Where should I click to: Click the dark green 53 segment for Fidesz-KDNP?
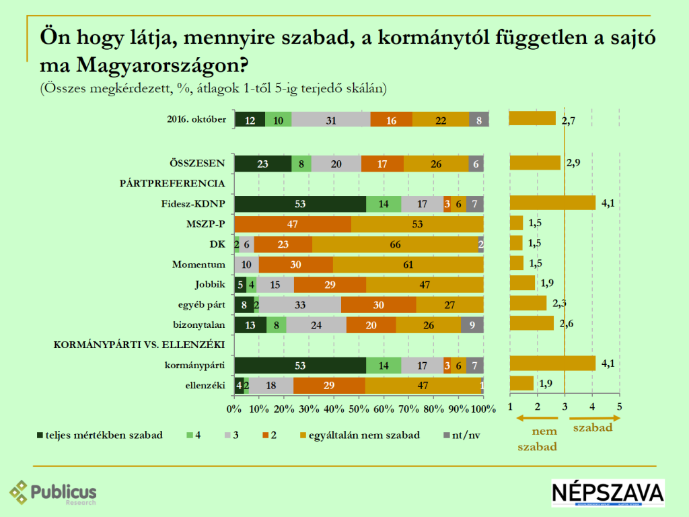click(300, 204)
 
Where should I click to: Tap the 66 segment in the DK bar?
click(395, 244)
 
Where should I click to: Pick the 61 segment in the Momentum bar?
click(408, 264)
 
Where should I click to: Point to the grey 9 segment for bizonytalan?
click(472, 324)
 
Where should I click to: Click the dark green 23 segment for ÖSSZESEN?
click(262, 164)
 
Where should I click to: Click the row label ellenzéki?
click(206, 384)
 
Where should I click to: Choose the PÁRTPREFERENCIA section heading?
click(172, 184)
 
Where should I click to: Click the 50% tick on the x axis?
click(359, 409)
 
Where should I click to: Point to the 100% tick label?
click(483, 409)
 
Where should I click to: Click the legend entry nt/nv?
click(462, 435)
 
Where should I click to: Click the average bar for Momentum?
click(517, 263)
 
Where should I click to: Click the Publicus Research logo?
click(53, 493)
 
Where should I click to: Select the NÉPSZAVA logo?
click(608, 493)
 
